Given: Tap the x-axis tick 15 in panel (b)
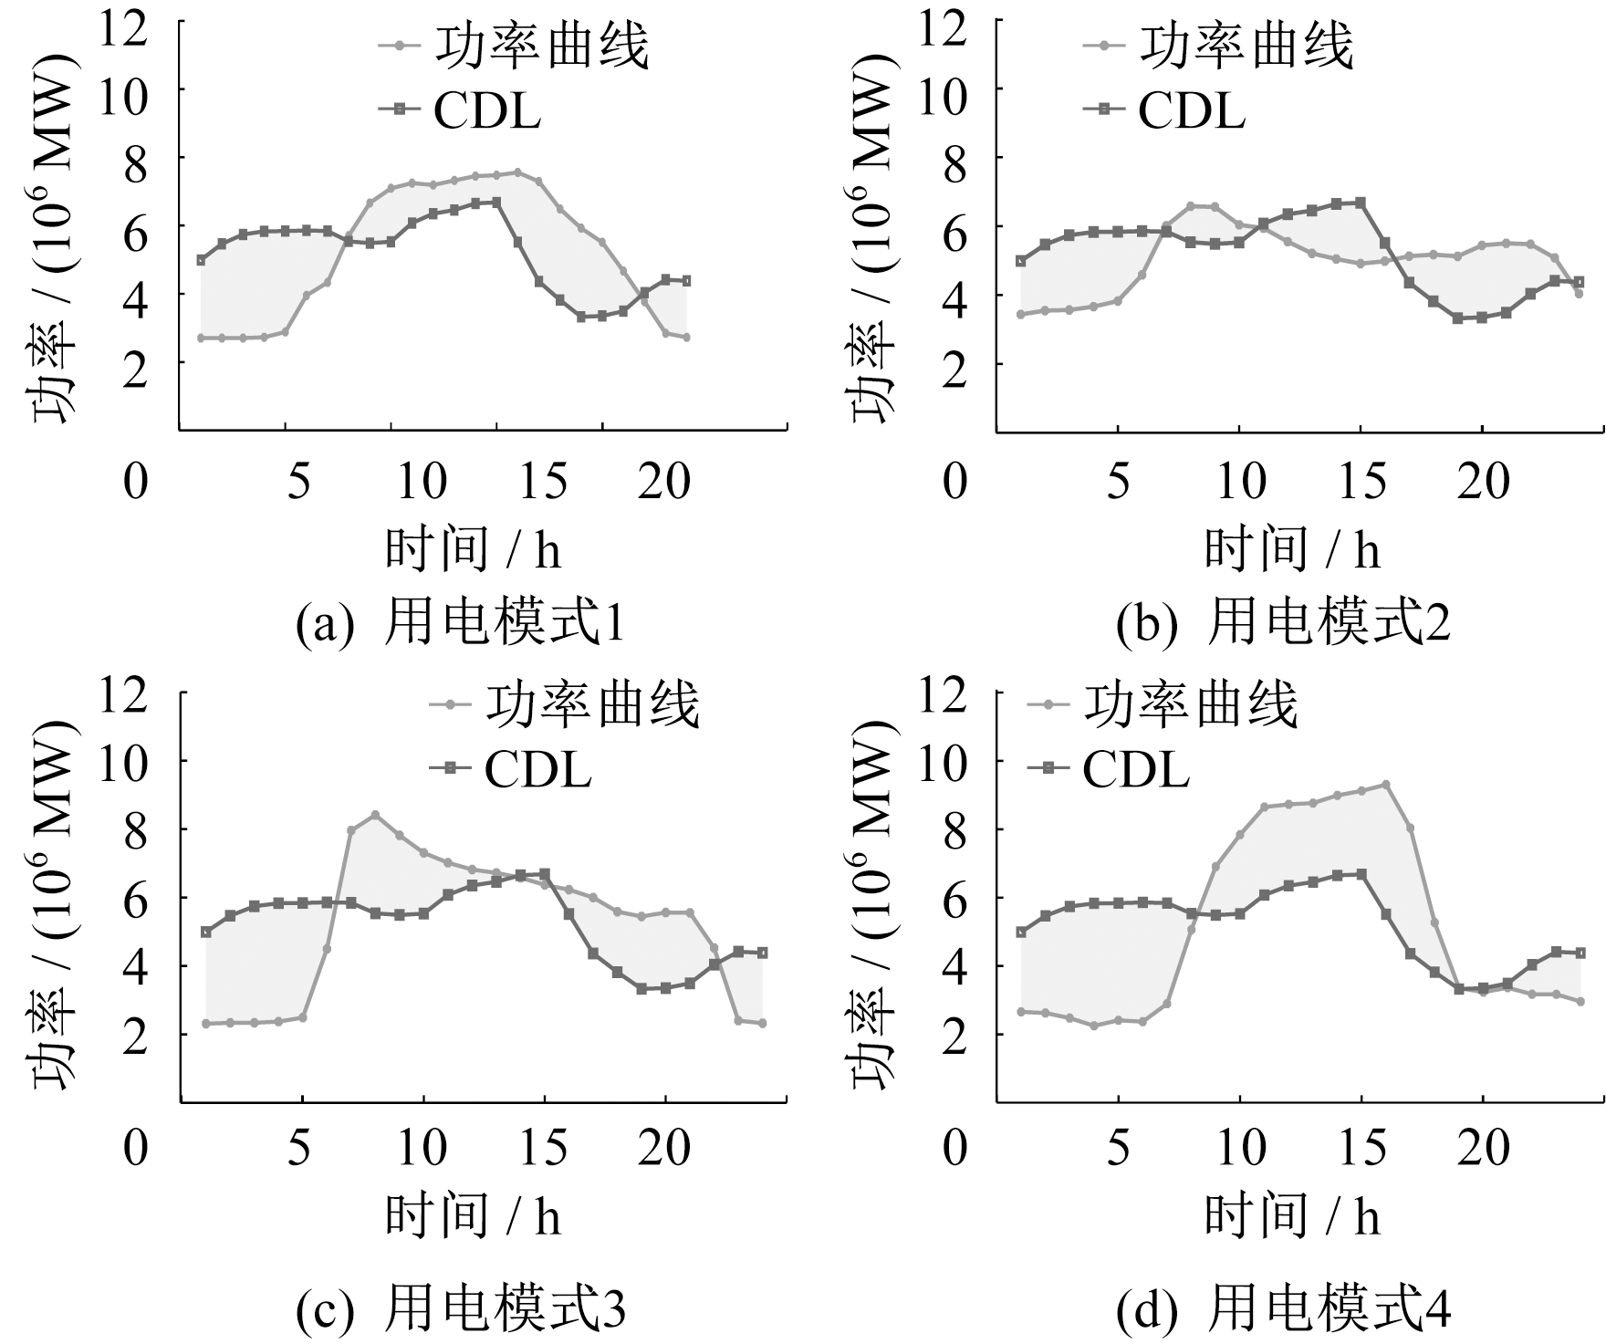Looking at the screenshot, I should (x=1362, y=480).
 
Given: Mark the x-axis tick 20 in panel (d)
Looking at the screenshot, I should (x=1483, y=1145).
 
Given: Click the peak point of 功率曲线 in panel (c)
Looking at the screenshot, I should (x=374, y=814).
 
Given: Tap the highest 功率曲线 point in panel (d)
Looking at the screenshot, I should (x=1385, y=784).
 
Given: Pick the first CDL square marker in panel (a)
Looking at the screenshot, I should (x=202, y=260).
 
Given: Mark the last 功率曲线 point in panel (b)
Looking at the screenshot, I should (x=1579, y=293).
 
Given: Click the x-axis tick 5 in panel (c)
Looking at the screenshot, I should (x=299, y=1145).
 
